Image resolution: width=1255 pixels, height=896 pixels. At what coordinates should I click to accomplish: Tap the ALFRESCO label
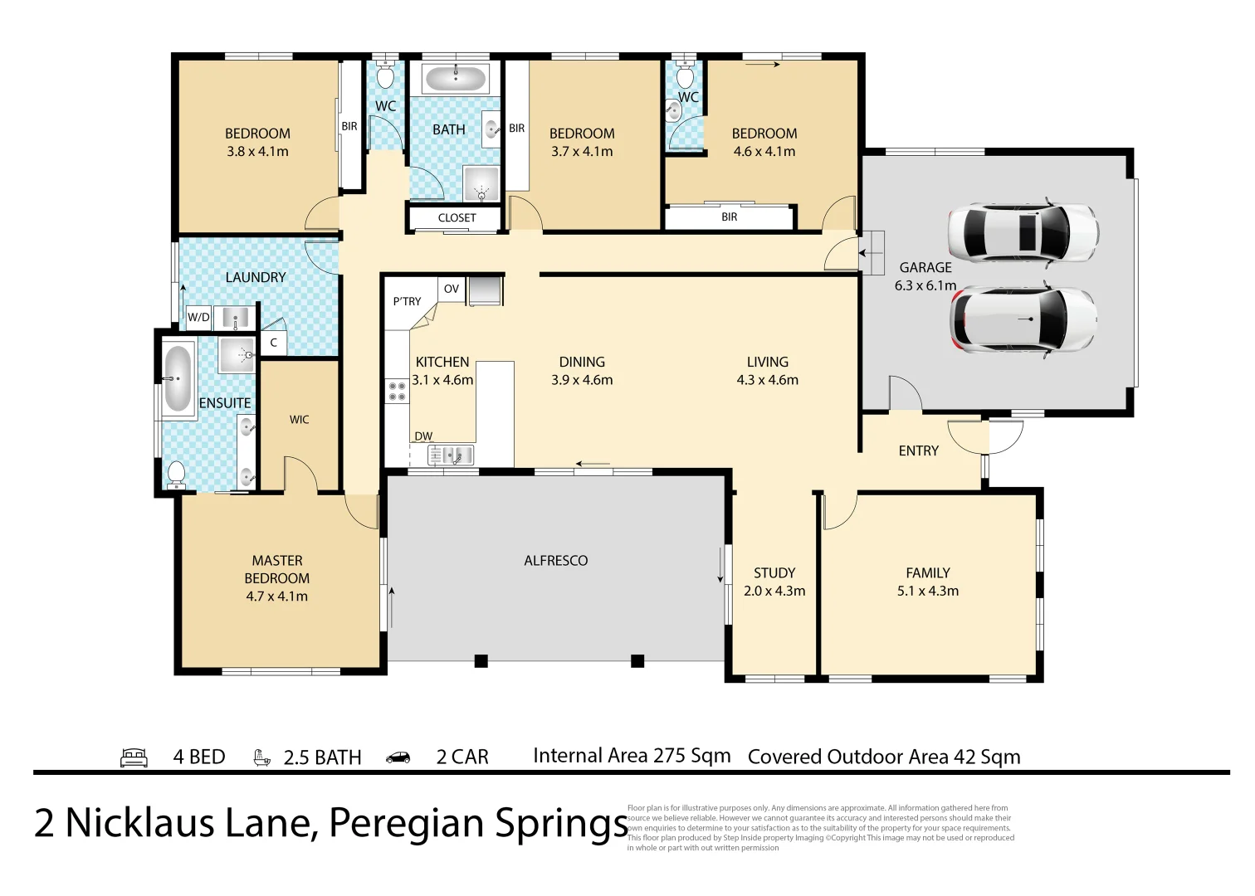(555, 561)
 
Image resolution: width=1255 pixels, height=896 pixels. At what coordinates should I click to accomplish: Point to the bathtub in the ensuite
(178, 379)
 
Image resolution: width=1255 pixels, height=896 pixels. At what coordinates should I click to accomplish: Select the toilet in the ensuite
(176, 474)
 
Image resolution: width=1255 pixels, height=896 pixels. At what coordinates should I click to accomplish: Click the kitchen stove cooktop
(397, 392)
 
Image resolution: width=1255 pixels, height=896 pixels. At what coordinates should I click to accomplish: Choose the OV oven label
(451, 289)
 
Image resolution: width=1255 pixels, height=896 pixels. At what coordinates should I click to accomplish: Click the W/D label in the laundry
(198, 317)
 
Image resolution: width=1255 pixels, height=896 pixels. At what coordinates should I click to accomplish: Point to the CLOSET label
(457, 218)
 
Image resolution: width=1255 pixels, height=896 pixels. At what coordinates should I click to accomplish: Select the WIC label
(299, 420)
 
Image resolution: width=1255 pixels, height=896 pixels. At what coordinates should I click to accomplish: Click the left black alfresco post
(481, 661)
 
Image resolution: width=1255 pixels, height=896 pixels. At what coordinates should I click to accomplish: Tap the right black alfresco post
(637, 661)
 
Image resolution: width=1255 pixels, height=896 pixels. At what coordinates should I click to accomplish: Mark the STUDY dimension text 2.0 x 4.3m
(774, 592)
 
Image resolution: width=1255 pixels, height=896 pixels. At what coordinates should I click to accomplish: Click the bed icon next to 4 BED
(134, 757)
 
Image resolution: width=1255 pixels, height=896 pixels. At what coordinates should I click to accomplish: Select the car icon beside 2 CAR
(398, 757)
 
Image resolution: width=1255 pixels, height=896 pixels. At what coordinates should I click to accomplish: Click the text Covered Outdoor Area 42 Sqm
(883, 757)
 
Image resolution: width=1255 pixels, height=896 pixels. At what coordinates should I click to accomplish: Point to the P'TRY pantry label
(407, 301)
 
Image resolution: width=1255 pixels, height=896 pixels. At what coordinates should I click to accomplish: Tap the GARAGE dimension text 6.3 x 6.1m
(925, 285)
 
